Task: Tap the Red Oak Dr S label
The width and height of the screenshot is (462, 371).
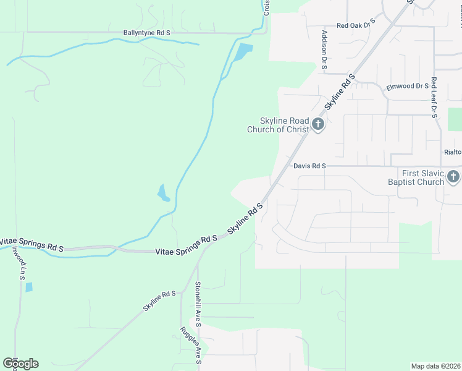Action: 356,25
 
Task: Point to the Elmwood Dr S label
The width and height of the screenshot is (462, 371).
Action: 408,87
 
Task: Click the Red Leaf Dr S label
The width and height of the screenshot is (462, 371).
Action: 434,98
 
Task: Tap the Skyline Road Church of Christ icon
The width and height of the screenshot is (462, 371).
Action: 318,125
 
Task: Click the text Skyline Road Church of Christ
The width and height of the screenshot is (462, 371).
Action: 278,125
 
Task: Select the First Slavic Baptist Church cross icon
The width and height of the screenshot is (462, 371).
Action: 453,177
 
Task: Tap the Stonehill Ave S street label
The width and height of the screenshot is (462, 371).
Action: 198,301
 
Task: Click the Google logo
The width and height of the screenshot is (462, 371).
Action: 20,364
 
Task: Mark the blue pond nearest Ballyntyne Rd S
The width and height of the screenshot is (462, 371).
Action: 243,52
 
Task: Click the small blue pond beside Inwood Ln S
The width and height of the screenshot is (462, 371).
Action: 29,287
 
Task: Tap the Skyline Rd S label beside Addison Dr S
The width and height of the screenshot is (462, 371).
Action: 340,92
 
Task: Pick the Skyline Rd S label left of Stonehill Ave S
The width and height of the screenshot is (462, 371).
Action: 160,301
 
